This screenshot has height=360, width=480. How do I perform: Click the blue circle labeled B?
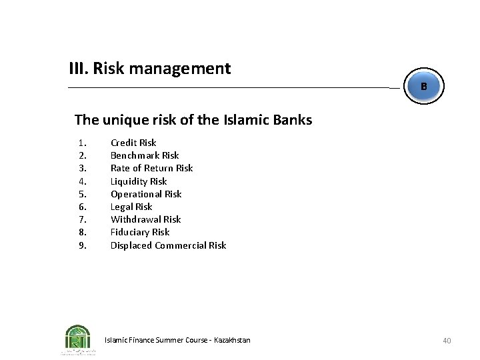423,87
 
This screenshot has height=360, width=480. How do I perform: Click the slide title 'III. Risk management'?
150,68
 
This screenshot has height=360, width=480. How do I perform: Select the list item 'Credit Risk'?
133,142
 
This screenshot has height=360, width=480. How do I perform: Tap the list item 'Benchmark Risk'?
145,155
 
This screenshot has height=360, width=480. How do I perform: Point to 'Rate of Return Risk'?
151,168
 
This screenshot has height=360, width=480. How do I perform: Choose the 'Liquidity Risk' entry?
139,181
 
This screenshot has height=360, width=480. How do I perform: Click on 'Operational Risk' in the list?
146,194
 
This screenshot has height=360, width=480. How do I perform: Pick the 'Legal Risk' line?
131,207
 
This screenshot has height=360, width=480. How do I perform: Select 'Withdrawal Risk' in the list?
145,219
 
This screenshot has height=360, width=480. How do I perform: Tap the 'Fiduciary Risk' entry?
140,232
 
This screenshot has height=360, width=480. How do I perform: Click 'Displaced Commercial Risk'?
168,245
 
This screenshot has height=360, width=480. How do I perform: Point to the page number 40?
447,341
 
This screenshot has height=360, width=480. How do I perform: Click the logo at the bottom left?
78,339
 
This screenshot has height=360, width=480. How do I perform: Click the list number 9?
82,245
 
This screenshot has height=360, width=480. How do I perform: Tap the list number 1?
82,142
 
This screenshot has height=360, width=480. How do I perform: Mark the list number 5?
82,194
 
